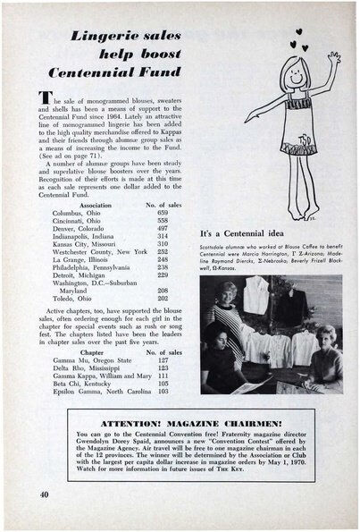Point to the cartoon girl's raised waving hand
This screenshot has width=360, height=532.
click(x=333, y=58)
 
